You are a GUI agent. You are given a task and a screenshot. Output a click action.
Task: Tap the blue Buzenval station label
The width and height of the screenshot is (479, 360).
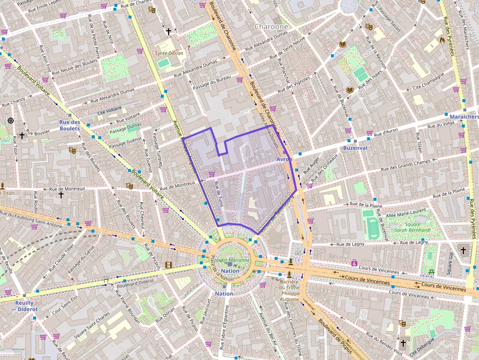[355, 148]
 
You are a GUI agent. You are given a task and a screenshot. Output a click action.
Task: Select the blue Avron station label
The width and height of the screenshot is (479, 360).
[284, 159]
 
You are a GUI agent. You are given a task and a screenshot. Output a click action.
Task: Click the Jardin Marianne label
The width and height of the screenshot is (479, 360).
[233, 260]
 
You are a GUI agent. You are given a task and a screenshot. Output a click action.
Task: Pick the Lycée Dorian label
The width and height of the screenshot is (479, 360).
[169, 53]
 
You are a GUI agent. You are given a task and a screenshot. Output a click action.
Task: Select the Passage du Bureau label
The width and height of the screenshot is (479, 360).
[211, 81]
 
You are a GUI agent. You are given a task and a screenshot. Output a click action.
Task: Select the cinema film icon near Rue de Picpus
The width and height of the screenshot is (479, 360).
[169, 265]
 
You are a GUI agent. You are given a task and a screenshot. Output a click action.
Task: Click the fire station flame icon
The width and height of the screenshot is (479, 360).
[442, 41]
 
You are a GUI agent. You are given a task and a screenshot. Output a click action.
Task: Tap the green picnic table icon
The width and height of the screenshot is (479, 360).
[431, 272]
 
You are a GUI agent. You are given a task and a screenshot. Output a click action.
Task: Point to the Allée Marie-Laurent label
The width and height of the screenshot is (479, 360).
[406, 213]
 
